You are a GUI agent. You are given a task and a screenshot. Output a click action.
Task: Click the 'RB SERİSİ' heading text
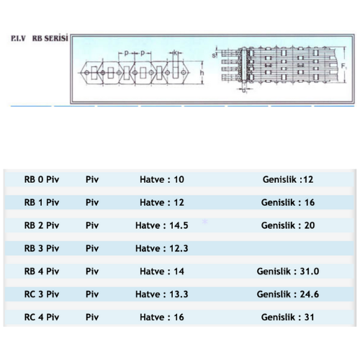[x=50, y=38]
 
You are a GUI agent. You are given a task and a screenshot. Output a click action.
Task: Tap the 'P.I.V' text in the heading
[x=18, y=38]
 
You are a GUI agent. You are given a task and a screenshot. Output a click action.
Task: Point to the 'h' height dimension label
[x=202, y=73]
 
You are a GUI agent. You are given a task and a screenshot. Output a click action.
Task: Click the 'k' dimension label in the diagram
[x=175, y=53]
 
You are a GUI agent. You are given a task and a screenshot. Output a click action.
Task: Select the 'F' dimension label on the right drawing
[x=343, y=66]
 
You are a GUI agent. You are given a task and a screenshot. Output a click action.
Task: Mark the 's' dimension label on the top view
[x=214, y=55]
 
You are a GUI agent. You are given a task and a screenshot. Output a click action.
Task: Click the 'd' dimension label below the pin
[x=244, y=91]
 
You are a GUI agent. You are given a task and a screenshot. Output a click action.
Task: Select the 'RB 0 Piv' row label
[x=42, y=179]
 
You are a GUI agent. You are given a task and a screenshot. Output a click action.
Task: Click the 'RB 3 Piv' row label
[x=42, y=248]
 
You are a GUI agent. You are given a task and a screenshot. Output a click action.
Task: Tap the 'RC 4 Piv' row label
[x=42, y=317]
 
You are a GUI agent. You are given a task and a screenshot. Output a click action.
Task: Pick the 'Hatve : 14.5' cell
[x=162, y=225]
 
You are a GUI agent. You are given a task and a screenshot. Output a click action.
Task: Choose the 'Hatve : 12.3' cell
[x=162, y=248]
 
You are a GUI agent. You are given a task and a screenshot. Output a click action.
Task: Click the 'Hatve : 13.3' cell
[x=162, y=294]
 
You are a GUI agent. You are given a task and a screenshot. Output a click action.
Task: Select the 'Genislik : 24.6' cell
[x=288, y=294]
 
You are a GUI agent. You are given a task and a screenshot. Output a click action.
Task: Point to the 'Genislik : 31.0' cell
[x=288, y=271]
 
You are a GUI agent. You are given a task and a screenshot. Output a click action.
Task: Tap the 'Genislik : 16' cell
[x=288, y=202]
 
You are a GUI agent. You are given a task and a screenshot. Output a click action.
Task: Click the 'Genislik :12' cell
[x=288, y=179]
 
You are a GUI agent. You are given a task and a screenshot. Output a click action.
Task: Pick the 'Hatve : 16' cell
[x=162, y=317]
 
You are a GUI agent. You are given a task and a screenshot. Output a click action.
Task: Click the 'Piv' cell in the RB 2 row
[x=92, y=225]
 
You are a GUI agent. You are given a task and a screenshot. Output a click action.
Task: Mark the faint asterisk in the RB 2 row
[x=204, y=222]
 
